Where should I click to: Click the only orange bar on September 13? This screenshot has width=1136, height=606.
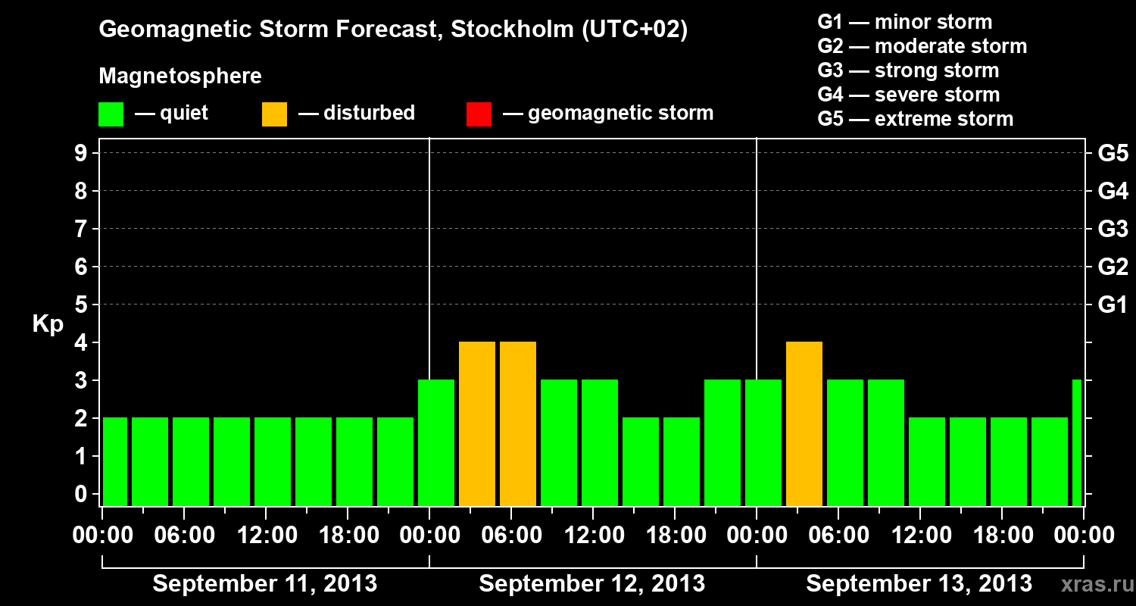[804, 424]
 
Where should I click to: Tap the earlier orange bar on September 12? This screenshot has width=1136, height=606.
[477, 424]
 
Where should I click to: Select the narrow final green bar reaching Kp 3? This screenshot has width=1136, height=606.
[1077, 443]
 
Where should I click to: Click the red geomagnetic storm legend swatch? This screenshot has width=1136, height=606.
[479, 114]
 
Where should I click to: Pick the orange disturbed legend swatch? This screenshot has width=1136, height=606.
[274, 114]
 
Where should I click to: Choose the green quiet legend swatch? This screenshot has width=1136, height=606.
[111, 114]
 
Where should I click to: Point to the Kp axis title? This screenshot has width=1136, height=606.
[48, 324]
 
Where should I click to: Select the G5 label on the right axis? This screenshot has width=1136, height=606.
[1113, 154]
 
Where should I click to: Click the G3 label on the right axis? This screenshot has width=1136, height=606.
[1113, 230]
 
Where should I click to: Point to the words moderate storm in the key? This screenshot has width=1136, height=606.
[950, 46]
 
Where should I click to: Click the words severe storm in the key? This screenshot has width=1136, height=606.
[937, 95]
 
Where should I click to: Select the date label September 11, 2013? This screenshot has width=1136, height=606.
[265, 584]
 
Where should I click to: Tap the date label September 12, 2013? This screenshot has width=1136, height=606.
[592, 584]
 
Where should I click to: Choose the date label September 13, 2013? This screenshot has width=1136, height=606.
[919, 584]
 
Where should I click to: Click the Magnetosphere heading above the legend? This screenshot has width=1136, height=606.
[180, 77]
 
